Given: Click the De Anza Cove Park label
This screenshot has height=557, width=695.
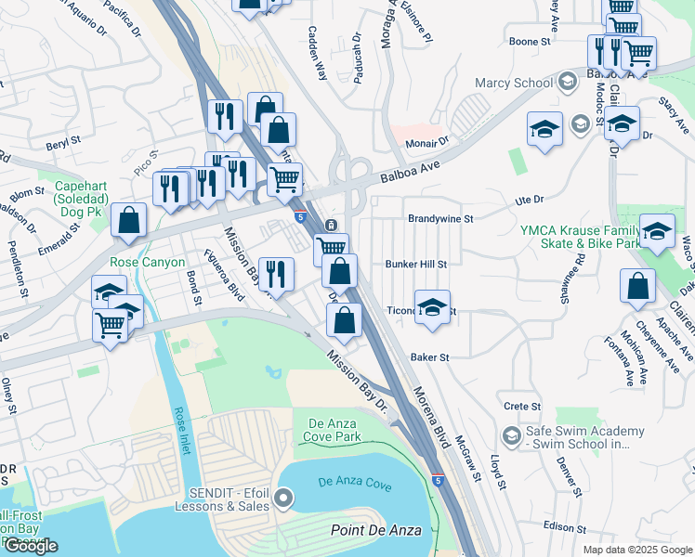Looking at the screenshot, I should [334, 431].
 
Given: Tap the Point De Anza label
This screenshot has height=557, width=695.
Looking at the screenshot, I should [375, 530].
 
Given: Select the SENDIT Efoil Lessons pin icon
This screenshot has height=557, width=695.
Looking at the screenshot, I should [284, 500].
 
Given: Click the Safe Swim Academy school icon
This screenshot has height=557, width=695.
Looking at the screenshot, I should [510, 435].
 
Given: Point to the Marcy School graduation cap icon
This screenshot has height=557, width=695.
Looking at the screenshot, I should [565, 83].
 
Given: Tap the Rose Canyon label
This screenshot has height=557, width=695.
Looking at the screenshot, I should [147, 263].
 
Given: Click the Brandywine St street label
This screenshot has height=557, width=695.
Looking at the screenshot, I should [440, 219].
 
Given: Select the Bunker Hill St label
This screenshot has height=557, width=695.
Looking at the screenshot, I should [416, 264].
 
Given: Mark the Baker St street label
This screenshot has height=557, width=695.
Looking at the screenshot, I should [430, 356].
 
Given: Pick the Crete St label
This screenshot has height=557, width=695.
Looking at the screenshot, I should [522, 407].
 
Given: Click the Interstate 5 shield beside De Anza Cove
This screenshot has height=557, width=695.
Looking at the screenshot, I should [438, 481].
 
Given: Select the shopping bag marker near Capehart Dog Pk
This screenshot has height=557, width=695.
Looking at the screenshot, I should [128, 221].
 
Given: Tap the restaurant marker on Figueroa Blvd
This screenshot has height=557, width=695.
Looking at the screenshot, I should [276, 273].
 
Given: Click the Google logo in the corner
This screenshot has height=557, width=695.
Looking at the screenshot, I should [31, 547].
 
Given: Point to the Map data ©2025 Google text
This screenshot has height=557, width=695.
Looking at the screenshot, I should [636, 550].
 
